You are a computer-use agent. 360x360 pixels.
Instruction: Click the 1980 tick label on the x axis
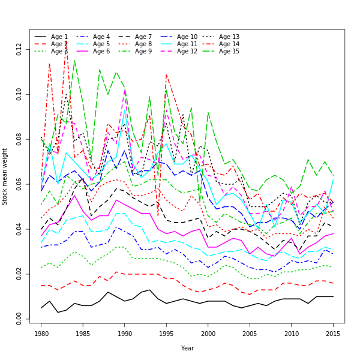click(41, 332)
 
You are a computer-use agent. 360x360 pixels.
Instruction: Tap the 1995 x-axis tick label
click(166, 332)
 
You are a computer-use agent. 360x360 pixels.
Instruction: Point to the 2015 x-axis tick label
click(333, 332)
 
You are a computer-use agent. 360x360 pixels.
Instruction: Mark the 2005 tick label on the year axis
click(250, 332)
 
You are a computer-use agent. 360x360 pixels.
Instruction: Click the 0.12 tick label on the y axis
click(20, 49)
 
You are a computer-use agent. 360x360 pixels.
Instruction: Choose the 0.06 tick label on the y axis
click(20, 184)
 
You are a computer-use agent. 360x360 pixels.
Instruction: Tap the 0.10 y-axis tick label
click(20, 94)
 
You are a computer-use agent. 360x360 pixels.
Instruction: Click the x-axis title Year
click(187, 348)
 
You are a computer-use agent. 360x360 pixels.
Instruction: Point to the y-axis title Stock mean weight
click(5, 176)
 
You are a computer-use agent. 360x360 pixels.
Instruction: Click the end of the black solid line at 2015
click(333, 296)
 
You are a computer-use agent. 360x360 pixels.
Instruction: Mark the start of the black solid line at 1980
click(41, 308)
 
